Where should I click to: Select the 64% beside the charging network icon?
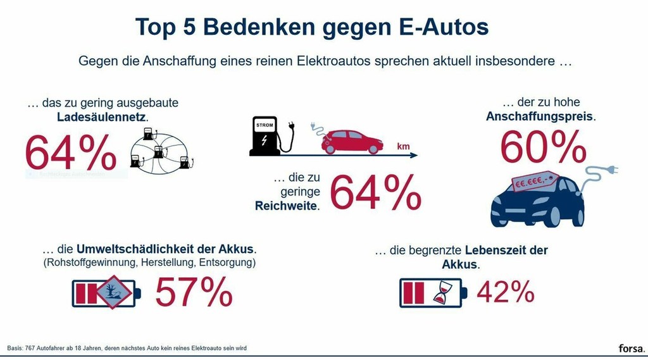click(71, 152)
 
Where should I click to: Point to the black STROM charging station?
click(265, 135)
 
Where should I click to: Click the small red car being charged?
click(352, 141)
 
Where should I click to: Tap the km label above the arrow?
click(403, 147)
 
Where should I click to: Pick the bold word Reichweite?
click(287, 206)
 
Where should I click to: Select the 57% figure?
click(194, 292)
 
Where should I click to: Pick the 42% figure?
click(505, 292)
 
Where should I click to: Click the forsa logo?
click(631, 348)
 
